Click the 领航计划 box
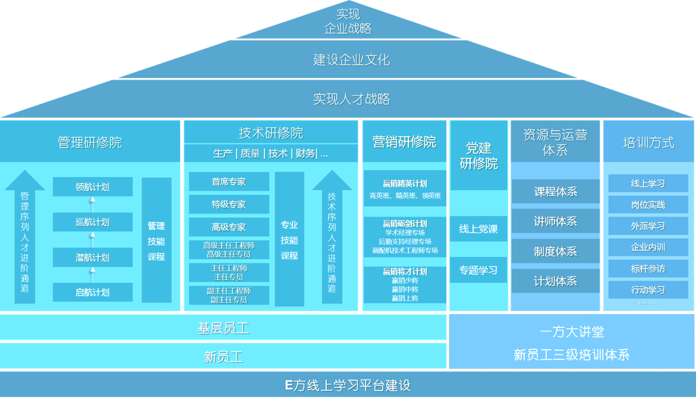pyautogui.click(x=92, y=187)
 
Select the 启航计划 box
pyautogui.click(x=92, y=292)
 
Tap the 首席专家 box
pyautogui.click(x=229, y=182)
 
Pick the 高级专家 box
pyautogui.click(x=229, y=227)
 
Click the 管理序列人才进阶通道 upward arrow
pyautogui.click(x=24, y=238)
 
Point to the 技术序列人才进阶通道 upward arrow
pyautogui.click(x=332, y=238)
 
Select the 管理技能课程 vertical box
pyautogui.click(x=156, y=241)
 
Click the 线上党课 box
pyautogui.click(x=478, y=229)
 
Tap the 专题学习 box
pyautogui.click(x=478, y=271)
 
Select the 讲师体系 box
pyautogui.click(x=555, y=221)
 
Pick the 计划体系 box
pyautogui.click(x=555, y=281)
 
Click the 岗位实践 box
pyautogui.click(x=648, y=205)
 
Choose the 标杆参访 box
pyautogui.click(x=648, y=269)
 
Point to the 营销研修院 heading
pyautogui.click(x=404, y=142)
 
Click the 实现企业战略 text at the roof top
pyautogui.click(x=348, y=21)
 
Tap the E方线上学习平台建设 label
pyautogui.click(x=348, y=385)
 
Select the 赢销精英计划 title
pyautogui.click(x=404, y=184)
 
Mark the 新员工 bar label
pyautogui.click(x=223, y=357)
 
